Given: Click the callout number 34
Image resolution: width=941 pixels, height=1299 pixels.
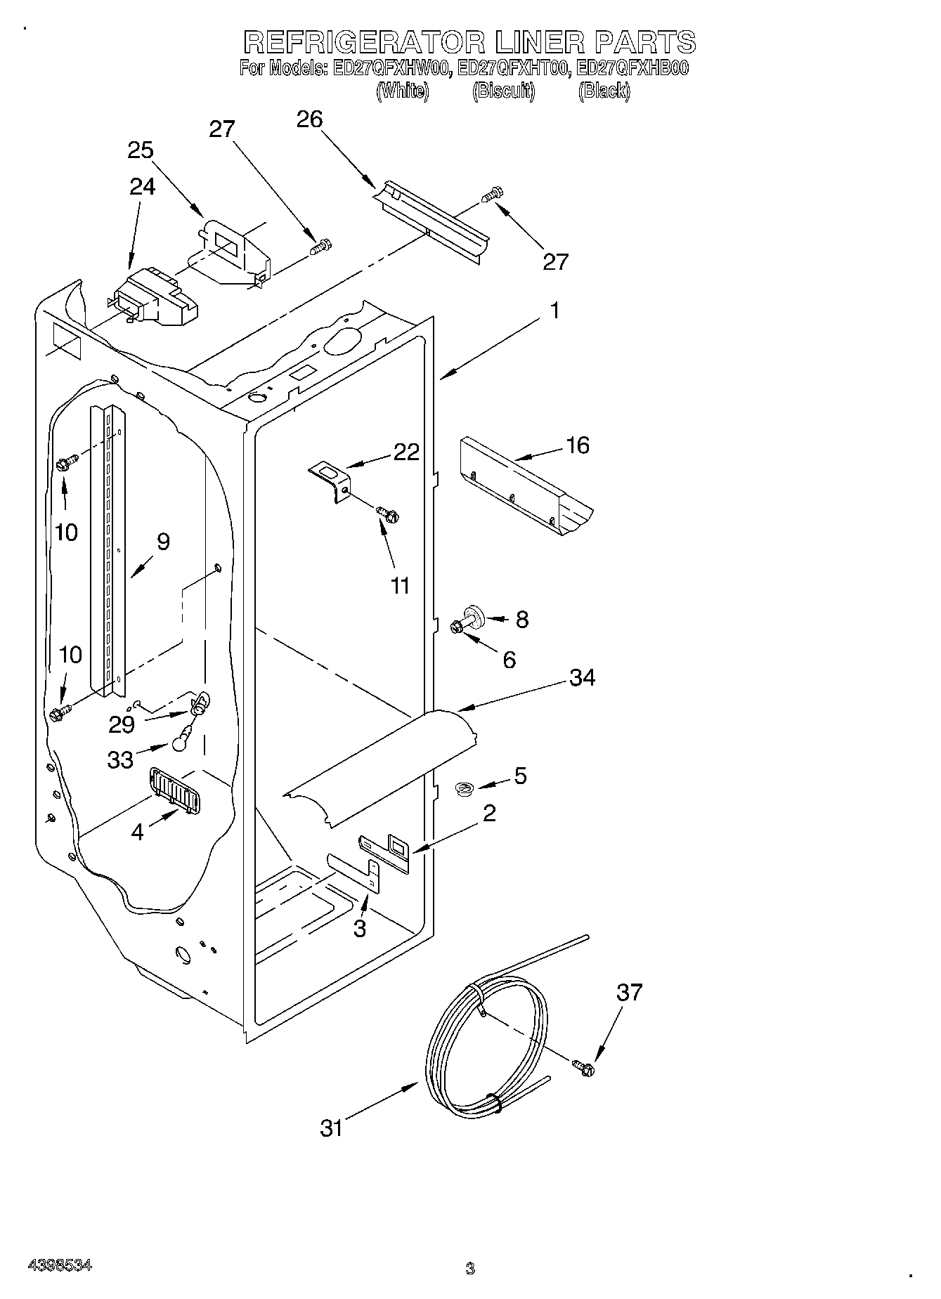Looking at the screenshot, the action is [583, 678].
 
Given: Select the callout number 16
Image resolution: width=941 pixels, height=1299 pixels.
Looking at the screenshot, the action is [578, 445].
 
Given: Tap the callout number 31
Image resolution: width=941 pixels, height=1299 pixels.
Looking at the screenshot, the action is [331, 1129].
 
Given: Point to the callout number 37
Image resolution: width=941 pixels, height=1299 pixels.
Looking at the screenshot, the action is [630, 992].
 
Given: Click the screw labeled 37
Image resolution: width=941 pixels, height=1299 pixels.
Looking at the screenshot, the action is [583, 1069].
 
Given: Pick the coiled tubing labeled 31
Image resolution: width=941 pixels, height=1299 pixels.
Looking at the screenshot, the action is [485, 1040].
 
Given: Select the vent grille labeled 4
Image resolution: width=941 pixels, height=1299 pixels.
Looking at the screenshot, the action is [174, 790].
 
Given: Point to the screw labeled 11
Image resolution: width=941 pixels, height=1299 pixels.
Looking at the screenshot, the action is [387, 515].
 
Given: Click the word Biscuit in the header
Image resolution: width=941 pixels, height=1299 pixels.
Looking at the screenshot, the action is [503, 91].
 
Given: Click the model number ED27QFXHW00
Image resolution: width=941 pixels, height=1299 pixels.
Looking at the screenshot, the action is [391, 69].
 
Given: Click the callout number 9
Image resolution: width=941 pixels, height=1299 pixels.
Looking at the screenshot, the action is [163, 542].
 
